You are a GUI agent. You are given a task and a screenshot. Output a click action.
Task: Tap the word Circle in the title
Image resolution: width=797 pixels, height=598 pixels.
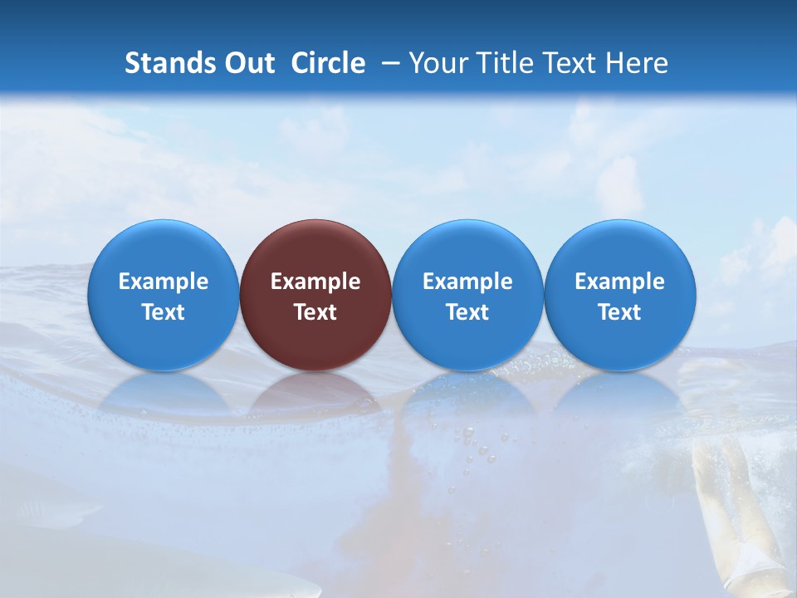pyautogui.click(x=328, y=63)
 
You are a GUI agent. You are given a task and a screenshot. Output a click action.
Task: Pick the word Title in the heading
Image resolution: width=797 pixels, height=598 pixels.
pyautogui.click(x=506, y=63)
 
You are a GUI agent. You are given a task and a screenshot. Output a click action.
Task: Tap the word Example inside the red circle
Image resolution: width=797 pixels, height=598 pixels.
pyautogui.click(x=315, y=282)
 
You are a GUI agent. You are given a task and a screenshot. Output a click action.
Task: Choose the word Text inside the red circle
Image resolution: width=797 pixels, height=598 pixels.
pyautogui.click(x=315, y=312)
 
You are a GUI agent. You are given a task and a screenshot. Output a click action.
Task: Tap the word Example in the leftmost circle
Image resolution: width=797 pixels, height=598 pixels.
pyautogui.click(x=163, y=282)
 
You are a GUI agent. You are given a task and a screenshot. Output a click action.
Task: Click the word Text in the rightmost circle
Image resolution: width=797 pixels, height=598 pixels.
pyautogui.click(x=620, y=312)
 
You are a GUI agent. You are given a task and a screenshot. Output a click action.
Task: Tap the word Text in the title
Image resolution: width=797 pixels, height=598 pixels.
pyautogui.click(x=572, y=63)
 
